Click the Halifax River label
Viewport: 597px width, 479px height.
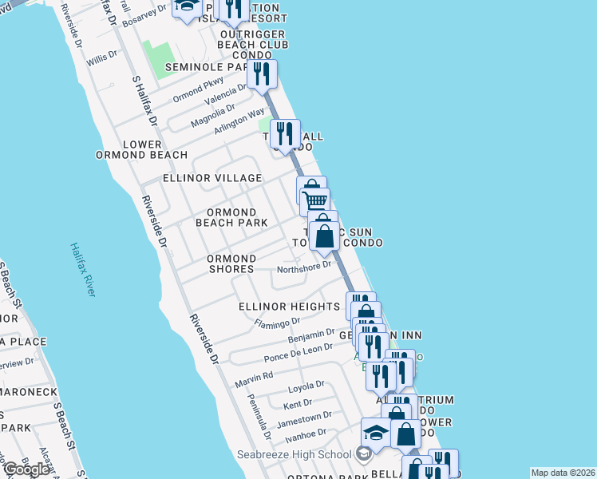click(82, 270)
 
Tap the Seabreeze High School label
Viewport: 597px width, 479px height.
click(294, 454)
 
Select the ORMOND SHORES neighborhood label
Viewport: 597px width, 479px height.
click(231, 264)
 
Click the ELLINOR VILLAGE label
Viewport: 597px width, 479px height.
click(212, 177)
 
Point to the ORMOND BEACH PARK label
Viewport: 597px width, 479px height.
click(231, 217)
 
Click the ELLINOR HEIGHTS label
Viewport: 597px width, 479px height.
click(289, 307)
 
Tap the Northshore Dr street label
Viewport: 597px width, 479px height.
click(303, 267)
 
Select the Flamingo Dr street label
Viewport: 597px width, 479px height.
click(276, 323)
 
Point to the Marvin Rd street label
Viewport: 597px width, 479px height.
click(254, 375)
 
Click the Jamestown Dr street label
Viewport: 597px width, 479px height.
click(307, 418)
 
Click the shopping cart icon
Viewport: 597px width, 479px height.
click(314, 201)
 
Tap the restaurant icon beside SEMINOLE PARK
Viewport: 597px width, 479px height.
click(262, 74)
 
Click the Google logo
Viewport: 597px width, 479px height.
click(26, 469)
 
